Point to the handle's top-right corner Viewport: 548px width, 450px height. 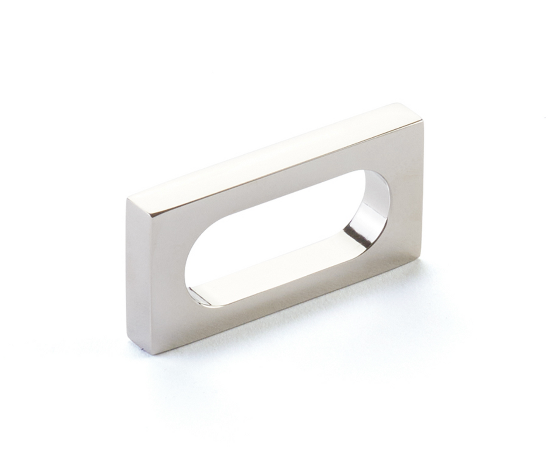point(422,121)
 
